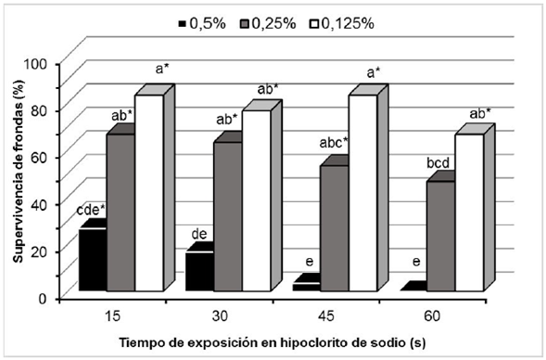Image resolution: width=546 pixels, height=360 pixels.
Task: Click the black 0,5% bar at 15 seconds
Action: coord(92,260)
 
